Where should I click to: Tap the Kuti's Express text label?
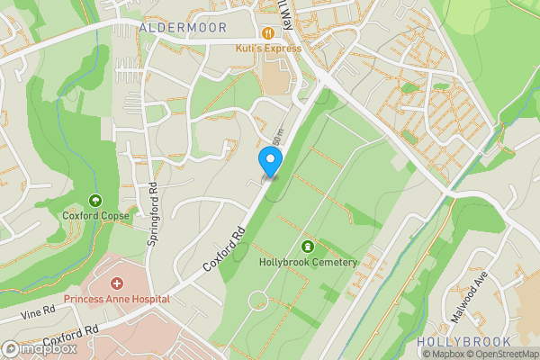(268, 48)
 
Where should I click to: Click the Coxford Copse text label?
(95, 216)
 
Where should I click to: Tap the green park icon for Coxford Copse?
(95, 201)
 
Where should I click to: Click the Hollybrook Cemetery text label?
(308, 263)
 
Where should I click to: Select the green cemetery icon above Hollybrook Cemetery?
(308, 247)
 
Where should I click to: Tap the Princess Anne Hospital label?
(116, 299)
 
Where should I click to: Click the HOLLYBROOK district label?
(463, 342)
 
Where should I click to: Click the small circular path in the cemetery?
(258, 299)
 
